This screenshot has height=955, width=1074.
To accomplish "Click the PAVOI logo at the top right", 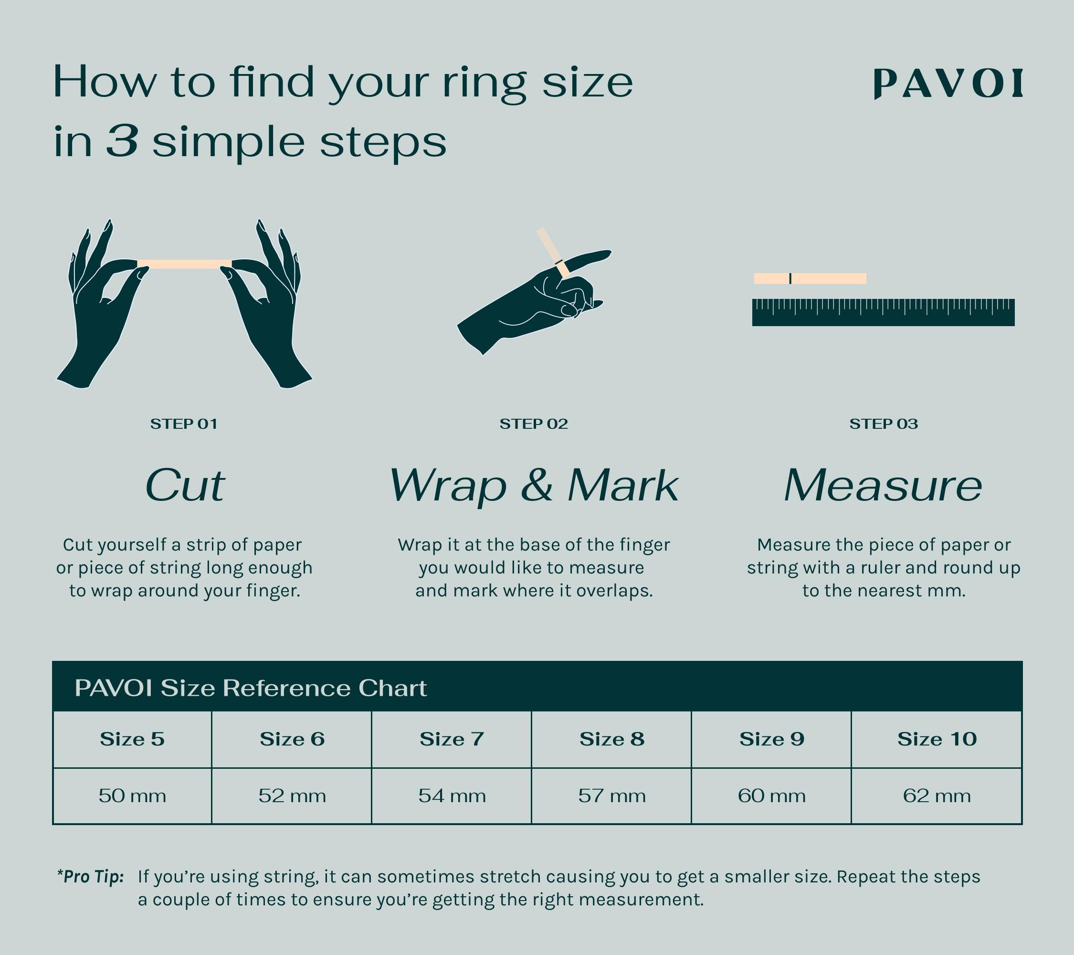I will (948, 84).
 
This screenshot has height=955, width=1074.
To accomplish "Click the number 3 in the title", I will (122, 141).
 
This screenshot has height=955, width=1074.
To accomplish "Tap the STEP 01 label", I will (183, 424).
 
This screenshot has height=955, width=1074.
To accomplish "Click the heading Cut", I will (184, 486).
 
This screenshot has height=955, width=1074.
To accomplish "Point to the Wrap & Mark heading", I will (533, 486).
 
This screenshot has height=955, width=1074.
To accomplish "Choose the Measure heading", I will (883, 486).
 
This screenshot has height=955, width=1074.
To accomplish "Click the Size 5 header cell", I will (132, 740).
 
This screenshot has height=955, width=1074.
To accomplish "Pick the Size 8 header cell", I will (611, 740).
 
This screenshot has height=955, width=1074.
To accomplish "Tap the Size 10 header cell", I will (937, 740).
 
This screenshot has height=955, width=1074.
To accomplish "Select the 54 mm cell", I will (452, 796).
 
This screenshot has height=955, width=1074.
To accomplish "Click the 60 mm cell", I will (771, 796).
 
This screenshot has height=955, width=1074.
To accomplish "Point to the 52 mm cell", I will (292, 796).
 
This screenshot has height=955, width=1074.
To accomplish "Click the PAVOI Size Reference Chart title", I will (251, 688).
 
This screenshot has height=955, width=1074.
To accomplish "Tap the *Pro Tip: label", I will (90, 876).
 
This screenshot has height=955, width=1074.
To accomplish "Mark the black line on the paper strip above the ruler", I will (790, 278).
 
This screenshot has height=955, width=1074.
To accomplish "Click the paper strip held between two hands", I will (184, 264).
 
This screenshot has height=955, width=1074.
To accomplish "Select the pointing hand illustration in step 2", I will (531, 305).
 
